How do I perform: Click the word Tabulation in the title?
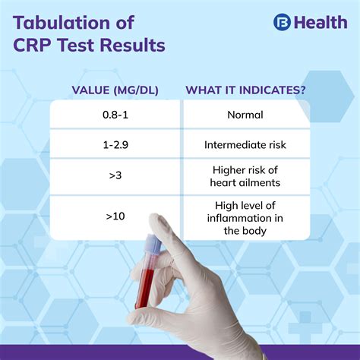pos(68,21)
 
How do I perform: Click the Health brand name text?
pos(320,22)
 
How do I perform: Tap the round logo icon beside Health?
pos(282,22)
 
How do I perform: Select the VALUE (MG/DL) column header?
pos(115,90)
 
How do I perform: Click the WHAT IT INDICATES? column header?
pos(246,90)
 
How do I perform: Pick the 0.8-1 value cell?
pos(115,115)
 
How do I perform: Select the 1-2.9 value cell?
pos(115,144)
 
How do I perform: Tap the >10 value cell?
pos(115,216)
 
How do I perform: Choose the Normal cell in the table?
pos(245,115)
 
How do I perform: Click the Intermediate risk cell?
pos(245,144)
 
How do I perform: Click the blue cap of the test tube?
pos(152,244)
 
